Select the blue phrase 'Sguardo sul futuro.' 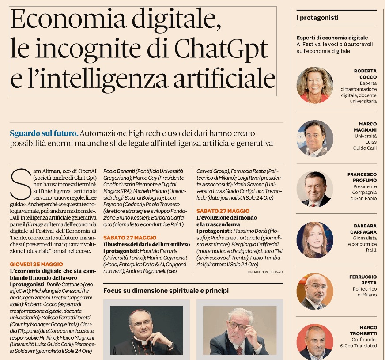[x=44, y=133]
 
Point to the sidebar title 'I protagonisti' [x=317, y=18]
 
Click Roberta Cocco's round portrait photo [x=315, y=85]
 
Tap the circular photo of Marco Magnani [x=315, y=138]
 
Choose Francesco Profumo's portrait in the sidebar [x=315, y=189]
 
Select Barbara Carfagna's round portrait [x=315, y=240]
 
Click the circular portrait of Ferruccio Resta [x=315, y=291]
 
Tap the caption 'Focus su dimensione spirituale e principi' [x=166, y=291]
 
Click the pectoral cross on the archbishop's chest [x=170, y=346]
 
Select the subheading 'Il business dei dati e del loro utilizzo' [x=146, y=244]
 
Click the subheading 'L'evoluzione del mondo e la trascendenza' [x=226, y=221]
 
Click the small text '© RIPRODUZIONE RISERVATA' [x=265, y=272]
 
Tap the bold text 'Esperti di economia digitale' [x=332, y=38]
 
